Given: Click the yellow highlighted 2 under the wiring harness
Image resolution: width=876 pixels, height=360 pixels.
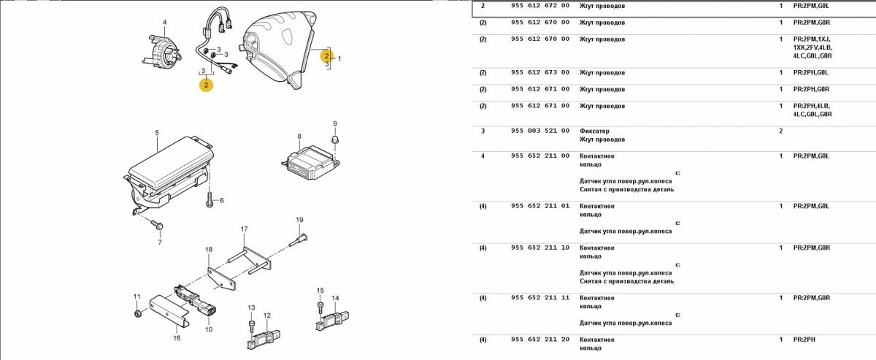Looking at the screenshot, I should [207, 85].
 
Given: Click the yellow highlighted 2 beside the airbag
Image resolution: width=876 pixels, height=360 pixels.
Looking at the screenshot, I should [326, 55].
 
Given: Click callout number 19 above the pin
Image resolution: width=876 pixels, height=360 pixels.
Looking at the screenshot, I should [299, 220].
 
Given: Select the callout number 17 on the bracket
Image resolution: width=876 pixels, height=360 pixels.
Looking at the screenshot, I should [245, 229].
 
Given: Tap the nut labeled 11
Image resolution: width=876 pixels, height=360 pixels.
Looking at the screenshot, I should [137, 314].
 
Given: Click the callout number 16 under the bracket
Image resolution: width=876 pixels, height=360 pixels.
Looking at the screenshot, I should [176, 338].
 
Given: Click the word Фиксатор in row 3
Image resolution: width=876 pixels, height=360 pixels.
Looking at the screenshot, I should [594, 131].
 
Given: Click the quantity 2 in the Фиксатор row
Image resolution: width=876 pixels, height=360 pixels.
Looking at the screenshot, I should [780, 131].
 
